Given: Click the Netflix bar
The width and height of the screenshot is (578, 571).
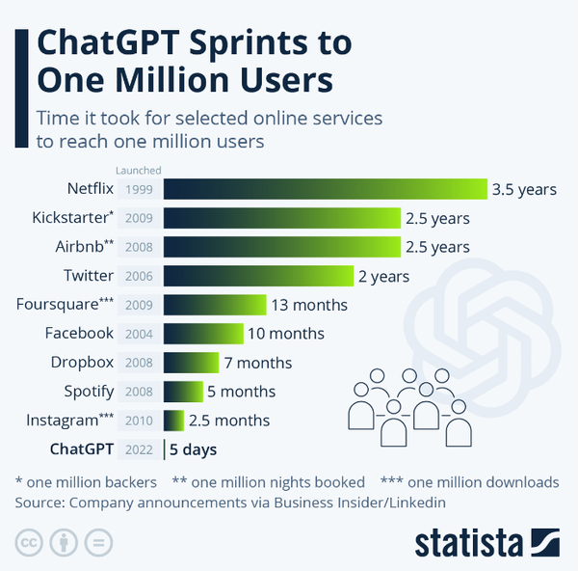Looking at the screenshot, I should click(x=326, y=189).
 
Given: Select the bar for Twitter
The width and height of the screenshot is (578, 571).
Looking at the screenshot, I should click(x=258, y=276).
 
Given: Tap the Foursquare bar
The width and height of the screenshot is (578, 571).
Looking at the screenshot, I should click(x=214, y=305).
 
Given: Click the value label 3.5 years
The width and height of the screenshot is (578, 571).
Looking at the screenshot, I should click(x=524, y=189).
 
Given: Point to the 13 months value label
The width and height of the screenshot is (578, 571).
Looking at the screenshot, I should click(x=308, y=305).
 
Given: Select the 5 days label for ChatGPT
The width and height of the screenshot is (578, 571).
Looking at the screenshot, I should click(x=193, y=449).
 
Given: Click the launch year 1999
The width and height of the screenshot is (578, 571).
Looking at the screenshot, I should click(x=140, y=189).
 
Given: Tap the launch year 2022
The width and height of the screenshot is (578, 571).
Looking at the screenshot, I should click(x=140, y=449).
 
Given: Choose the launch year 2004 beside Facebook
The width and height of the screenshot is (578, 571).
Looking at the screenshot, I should click(x=140, y=334).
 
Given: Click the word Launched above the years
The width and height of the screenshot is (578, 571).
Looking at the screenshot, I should click(x=139, y=170).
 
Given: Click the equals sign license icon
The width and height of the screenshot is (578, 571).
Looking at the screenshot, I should click(x=93, y=541).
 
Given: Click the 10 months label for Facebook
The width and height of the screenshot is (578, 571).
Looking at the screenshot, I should click(x=286, y=334).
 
